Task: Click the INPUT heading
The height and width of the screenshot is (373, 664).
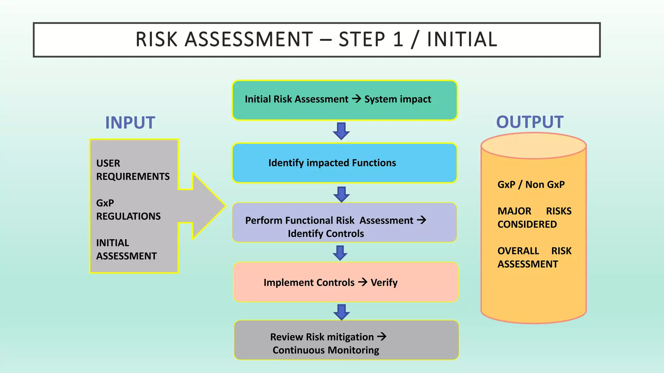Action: pos(130,123)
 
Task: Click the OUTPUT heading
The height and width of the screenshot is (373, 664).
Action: pos(530,122)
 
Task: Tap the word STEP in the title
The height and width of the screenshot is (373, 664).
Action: pos(362,40)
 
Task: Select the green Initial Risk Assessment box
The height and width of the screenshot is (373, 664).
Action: pos(344,100)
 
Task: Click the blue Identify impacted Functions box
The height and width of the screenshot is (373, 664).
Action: pos(344,163)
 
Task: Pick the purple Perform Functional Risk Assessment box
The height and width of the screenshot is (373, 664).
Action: pos(344,223)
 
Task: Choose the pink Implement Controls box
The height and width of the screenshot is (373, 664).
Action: pos(346,282)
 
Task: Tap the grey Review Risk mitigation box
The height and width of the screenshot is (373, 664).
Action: pos(346,340)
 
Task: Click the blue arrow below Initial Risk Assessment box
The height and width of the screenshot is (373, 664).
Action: pos(341,131)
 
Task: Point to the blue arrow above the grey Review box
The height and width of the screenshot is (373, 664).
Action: pos(341,312)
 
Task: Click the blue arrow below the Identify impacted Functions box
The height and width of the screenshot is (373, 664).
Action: pos(341,194)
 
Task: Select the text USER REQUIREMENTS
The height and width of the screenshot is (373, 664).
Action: pos(133,170)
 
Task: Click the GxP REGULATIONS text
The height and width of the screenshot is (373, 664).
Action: pos(128,209)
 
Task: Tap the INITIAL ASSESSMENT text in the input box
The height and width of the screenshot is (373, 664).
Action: pos(126,249)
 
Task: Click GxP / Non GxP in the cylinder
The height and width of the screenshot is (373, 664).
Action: pos(531,185)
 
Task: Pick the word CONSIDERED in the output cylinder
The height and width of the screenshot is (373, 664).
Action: pos(527,224)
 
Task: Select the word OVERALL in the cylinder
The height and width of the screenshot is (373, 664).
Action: pos(518,251)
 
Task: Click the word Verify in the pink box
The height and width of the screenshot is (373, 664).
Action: pos(384,283)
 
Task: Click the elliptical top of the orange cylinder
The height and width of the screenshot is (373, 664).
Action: pos(533,146)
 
